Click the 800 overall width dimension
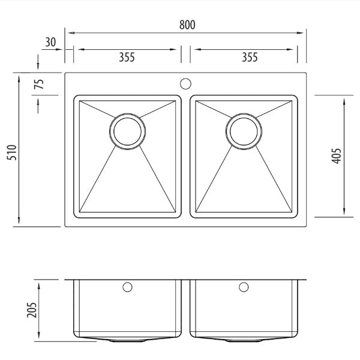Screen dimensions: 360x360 click(x=186, y=25)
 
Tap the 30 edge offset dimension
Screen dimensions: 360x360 click(x=50, y=42)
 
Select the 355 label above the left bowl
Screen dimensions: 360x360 click(x=126, y=58)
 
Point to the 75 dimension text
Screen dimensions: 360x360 click(x=40, y=83)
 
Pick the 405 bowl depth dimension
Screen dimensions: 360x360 click(x=335, y=155)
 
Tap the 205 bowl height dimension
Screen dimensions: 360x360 click(x=32, y=309)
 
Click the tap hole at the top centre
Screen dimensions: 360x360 click(x=185, y=83)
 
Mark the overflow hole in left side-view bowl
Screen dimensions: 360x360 click(x=127, y=287)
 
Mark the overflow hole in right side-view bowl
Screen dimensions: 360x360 click(x=244, y=287)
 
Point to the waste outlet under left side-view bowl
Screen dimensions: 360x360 click(x=127, y=340)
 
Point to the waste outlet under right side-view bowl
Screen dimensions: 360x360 click(x=244, y=340)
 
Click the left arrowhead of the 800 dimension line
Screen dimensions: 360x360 click(x=68, y=31)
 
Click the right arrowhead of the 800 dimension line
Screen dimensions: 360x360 click(x=304, y=31)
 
